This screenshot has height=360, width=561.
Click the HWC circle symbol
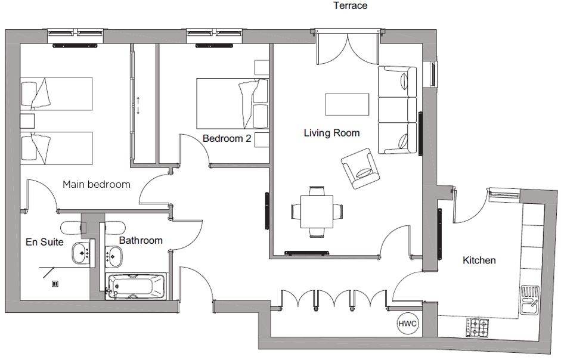(408, 324)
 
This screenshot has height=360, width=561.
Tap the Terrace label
(351, 5)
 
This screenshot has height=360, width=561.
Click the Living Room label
(331, 133)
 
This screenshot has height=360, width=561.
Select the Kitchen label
(479, 260)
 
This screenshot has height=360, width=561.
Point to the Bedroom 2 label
(227, 138)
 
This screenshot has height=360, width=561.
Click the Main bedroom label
(96, 184)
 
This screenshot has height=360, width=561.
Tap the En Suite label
(45, 242)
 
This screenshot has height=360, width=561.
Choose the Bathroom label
(141, 240)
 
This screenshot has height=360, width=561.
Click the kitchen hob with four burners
(478, 327)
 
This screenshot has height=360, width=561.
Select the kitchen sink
(529, 300)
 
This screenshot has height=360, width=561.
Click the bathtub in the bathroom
(136, 286)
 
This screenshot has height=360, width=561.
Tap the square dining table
(317, 212)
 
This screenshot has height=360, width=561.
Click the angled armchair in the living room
(360, 169)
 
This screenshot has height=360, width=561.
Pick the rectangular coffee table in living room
(347, 104)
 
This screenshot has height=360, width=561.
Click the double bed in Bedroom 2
(233, 104)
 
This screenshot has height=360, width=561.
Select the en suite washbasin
(82, 253)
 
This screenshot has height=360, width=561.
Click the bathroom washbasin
(114, 256)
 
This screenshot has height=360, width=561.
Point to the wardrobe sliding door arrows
(138, 105)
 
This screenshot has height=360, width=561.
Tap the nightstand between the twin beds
(27, 122)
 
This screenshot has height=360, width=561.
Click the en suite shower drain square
(55, 284)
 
